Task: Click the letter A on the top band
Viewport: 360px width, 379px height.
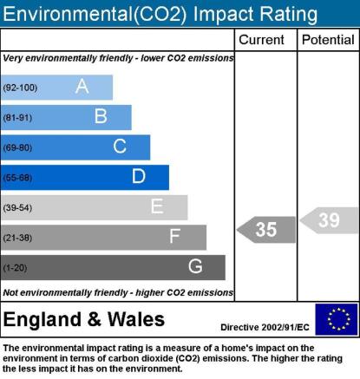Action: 82,86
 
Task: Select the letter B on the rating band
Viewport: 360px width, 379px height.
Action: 101,116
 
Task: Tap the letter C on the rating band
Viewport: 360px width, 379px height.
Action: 120,146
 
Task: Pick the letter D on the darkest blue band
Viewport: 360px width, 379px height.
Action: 139,176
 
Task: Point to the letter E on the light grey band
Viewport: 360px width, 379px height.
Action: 157,206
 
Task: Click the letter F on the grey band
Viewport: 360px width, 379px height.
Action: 175,236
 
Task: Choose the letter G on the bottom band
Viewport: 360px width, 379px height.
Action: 195,266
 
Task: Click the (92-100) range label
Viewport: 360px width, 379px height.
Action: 20,88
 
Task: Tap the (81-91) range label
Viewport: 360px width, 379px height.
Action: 17,118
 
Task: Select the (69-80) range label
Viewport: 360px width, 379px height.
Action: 17,147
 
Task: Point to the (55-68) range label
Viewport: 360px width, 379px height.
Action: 17,178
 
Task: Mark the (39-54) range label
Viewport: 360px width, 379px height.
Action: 17,207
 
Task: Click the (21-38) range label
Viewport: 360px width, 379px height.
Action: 17,238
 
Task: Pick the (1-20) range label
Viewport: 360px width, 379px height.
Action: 15,268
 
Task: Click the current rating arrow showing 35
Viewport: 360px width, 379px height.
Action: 266,230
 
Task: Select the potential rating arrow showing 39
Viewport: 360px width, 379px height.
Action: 329,220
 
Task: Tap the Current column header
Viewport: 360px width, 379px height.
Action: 261,40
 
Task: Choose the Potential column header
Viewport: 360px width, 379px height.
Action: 328,40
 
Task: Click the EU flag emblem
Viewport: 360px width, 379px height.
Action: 337,319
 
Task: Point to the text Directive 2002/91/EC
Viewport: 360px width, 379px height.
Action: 265,327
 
